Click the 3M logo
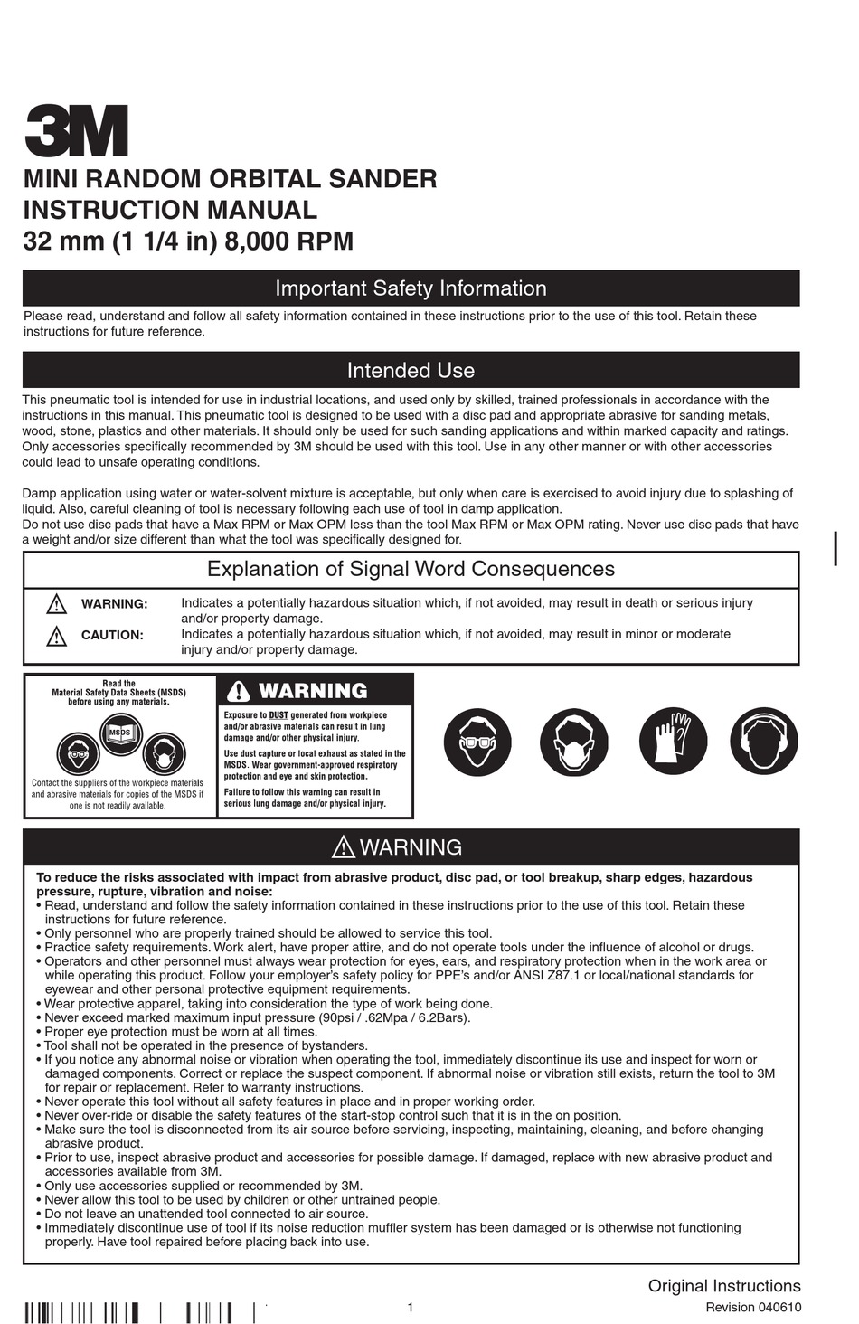[76, 131]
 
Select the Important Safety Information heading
[411, 288]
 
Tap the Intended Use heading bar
[411, 370]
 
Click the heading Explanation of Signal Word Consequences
[411, 569]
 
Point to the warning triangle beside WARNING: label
[56, 604]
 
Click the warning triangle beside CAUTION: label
[56, 636]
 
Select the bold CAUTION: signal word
[112, 635]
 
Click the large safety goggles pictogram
[477, 742]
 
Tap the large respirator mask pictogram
[573, 742]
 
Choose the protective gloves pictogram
[673, 742]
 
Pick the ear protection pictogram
[764, 742]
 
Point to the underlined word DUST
[278, 715]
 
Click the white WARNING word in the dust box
[313, 691]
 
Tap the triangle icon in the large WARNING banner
[344, 847]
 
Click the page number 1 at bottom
[411, 1307]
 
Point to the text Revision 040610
[752, 1307]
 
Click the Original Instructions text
[723, 1285]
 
